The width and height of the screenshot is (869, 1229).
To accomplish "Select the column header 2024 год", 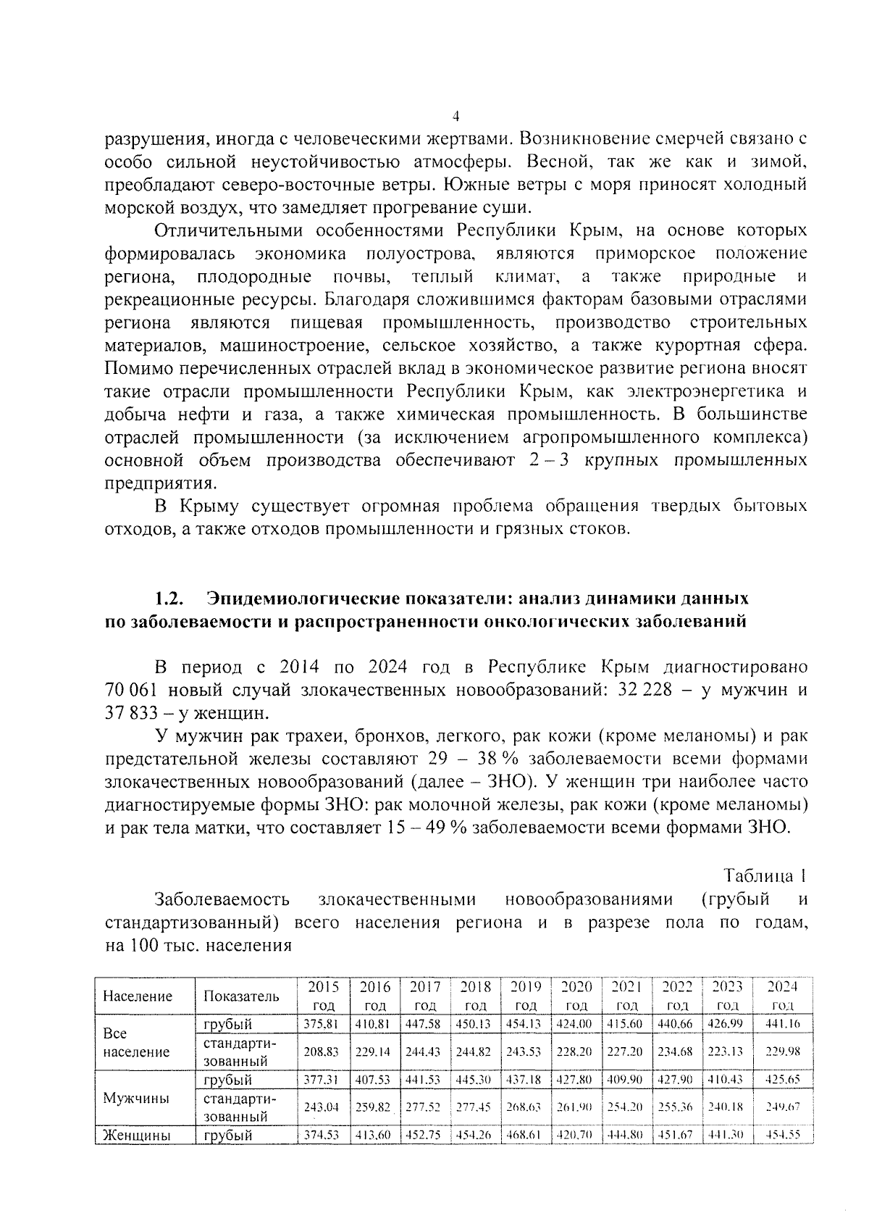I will pyautogui.click(x=782, y=996).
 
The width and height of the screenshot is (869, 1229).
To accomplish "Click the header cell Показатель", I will pyautogui.click(x=240, y=996).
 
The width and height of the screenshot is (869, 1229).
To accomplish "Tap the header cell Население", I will pyautogui.click(x=138, y=996).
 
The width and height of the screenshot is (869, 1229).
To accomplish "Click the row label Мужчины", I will pyautogui.click(x=136, y=1099).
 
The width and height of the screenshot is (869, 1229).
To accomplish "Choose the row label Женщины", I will pyautogui.click(x=137, y=1136).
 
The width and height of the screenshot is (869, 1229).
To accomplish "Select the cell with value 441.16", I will pyautogui.click(x=782, y=1024).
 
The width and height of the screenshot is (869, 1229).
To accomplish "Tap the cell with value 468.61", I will pyautogui.click(x=526, y=1136).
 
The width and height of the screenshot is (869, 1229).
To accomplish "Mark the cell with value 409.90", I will pyautogui.click(x=626, y=1080).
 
